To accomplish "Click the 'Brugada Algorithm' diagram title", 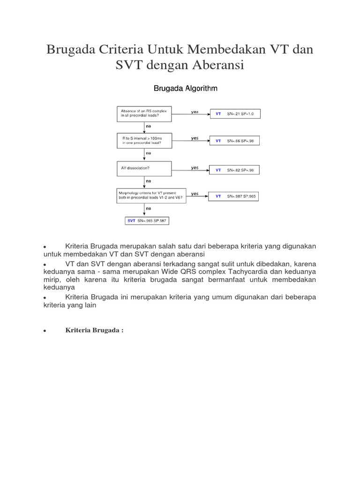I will pos(186,88).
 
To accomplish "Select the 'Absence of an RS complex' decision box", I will pos(144,113).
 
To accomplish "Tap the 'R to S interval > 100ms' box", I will pos(144,141).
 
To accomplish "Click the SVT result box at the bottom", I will pos(147,220).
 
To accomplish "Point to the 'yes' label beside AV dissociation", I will pos(195,167).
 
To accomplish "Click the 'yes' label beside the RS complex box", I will pos(195,112).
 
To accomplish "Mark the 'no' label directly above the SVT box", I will pos(149,208).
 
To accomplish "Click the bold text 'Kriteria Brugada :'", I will pos(94,330).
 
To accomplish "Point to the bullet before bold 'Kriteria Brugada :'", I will pos(44,331).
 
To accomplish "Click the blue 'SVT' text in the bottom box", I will pos(131,220).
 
